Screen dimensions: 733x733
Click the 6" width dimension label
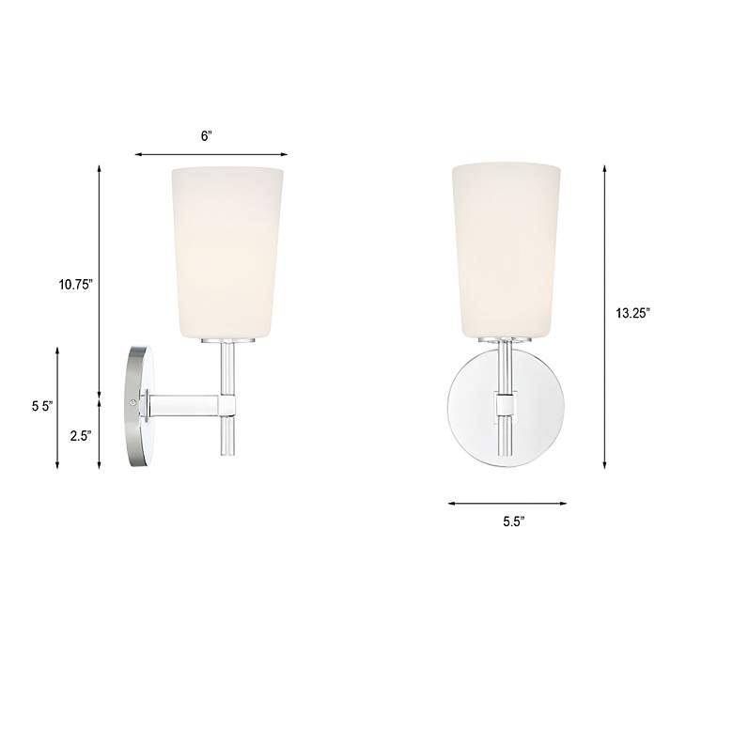coord(207,135)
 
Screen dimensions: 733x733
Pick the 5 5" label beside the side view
coord(41,407)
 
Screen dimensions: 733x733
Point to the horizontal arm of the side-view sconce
coord(183,406)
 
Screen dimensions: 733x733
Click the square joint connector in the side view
coord(228,405)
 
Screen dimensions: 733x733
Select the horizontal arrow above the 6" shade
coord(211,154)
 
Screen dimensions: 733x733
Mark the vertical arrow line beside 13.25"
coord(604,315)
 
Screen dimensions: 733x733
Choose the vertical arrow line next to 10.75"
coord(101,282)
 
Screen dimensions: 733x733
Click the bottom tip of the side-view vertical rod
coord(227,454)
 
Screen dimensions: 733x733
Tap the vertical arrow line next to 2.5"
coord(101,434)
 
